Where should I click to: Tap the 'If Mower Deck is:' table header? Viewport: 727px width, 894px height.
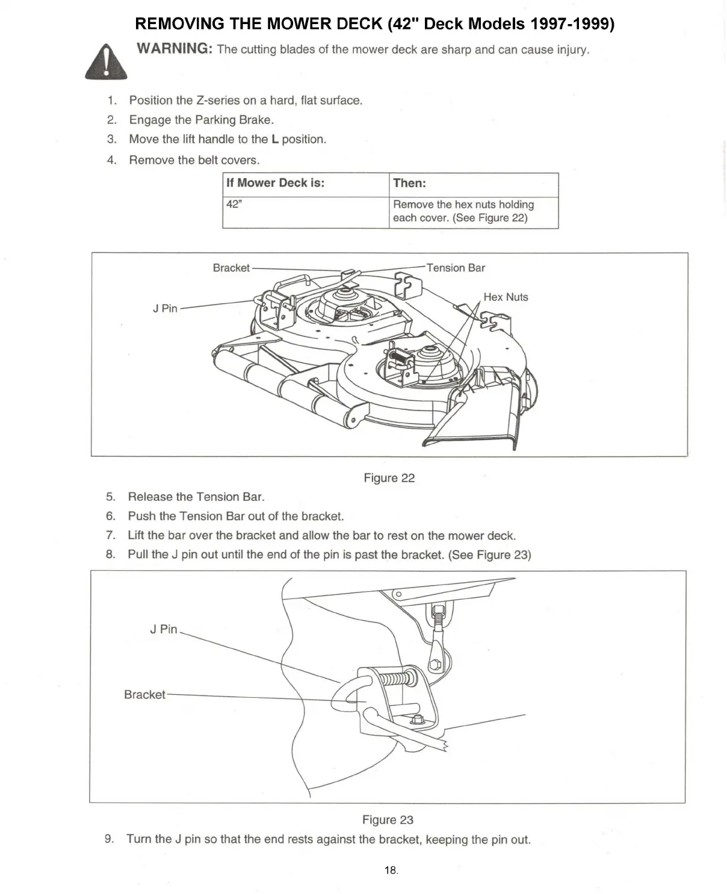point(275,183)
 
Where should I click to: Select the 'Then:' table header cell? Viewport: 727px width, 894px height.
point(409,183)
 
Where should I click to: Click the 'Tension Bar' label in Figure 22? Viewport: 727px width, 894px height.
point(456,268)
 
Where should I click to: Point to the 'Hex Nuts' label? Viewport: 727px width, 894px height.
point(506,297)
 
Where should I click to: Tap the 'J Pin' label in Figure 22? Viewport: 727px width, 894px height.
point(165,308)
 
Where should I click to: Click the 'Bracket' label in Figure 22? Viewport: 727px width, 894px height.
point(231,268)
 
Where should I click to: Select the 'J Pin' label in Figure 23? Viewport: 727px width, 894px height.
point(163,629)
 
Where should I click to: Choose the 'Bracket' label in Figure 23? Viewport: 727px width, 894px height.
point(144,694)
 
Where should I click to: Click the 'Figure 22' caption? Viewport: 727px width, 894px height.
point(389,478)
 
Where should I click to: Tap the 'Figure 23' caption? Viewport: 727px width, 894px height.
point(388,820)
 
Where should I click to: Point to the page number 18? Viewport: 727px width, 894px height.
point(390,870)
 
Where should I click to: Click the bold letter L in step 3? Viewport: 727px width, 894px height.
point(275,140)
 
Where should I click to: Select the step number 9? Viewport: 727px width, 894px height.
point(109,839)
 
